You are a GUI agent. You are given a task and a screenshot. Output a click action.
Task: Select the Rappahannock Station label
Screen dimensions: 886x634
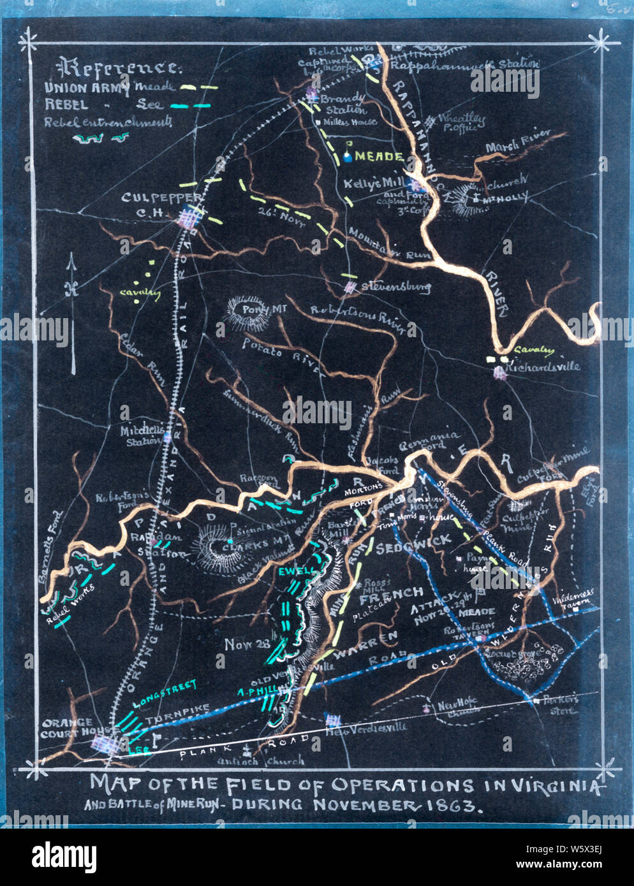pos(464,64)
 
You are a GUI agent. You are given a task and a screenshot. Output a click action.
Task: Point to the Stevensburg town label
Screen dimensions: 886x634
pos(395,287)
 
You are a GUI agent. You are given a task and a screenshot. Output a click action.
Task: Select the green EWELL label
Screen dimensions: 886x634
pos(297,572)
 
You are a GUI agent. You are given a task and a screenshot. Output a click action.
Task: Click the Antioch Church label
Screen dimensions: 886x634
pos(262,760)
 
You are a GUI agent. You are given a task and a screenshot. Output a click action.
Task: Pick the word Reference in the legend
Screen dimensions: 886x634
pos(119,67)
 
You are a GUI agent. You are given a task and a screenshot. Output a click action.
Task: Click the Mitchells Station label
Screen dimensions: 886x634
pos(142,435)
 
